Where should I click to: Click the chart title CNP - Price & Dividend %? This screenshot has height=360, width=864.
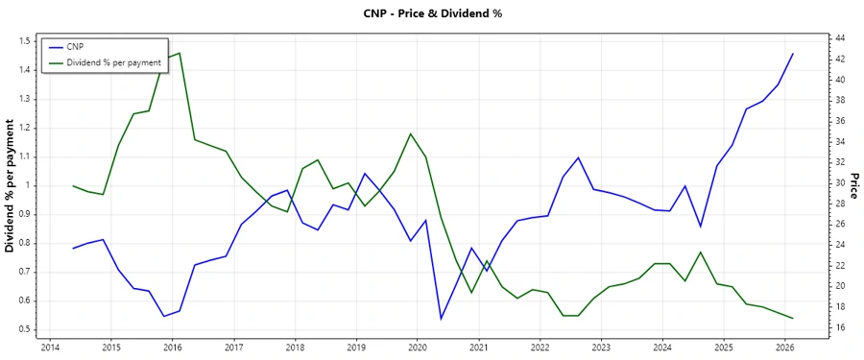click(431, 13)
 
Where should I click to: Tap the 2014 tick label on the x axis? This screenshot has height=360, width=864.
click(50, 347)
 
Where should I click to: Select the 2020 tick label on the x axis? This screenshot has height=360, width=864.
click(418, 347)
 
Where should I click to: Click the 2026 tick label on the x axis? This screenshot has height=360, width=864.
click(784, 347)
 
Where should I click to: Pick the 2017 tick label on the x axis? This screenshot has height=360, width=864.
click(233, 347)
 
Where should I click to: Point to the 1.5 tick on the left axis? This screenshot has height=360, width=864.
click(26, 41)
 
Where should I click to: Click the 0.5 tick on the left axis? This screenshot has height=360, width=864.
click(26, 330)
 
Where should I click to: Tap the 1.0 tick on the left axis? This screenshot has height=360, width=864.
click(26, 185)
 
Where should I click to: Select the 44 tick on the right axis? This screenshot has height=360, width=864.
click(840, 37)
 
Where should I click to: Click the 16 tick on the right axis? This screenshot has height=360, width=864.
click(840, 327)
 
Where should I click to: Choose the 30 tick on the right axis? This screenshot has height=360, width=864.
click(840, 182)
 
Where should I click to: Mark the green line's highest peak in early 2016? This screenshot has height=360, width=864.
click(180, 53)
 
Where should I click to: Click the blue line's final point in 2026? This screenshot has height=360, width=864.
click(793, 54)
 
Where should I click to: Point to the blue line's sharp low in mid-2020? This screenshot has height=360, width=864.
click(441, 319)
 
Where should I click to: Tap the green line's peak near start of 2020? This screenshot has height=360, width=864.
click(411, 133)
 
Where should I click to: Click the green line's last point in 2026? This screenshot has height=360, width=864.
click(793, 318)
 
